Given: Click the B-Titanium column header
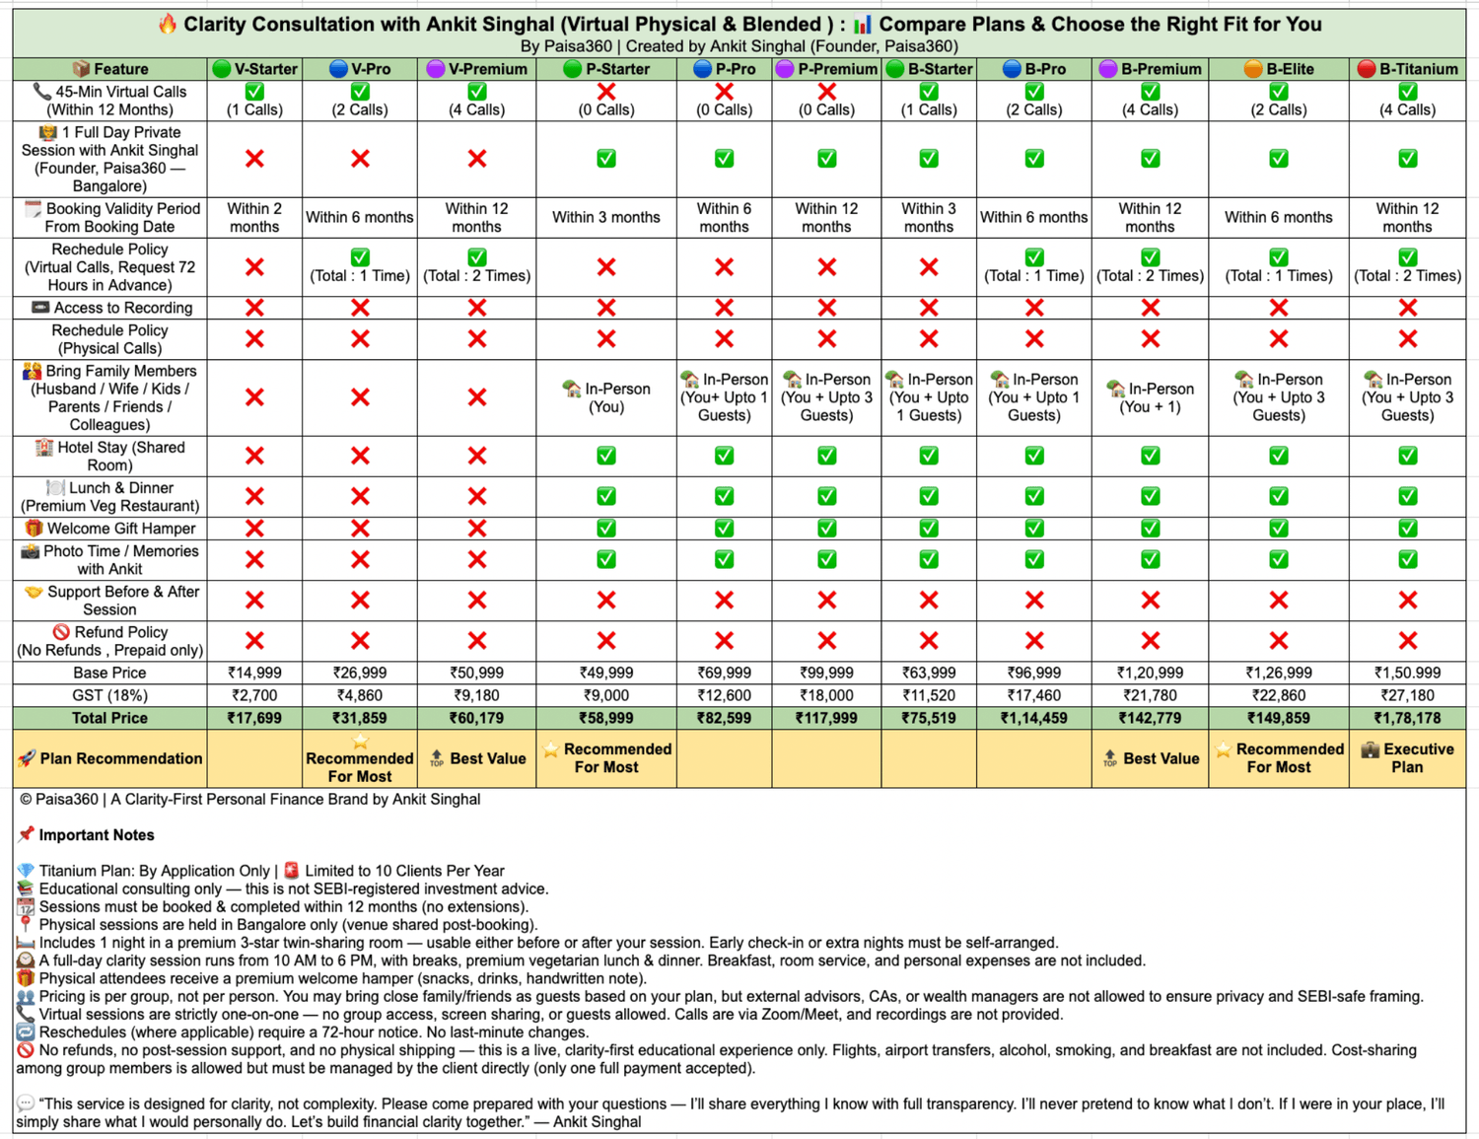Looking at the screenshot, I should (x=1407, y=69).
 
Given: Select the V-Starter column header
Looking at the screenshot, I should (x=254, y=69).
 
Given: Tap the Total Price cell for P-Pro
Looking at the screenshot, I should (x=724, y=718).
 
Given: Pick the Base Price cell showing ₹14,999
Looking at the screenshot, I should (x=254, y=673).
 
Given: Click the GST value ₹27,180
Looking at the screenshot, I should (x=1407, y=695).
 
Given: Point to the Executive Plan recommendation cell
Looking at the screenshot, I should (x=1407, y=758).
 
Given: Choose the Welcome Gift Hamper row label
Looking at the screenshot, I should (x=109, y=529).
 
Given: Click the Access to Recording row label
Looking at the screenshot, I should (x=111, y=308).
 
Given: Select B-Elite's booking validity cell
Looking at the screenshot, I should (x=1278, y=217).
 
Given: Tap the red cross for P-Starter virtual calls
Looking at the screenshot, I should (x=606, y=92).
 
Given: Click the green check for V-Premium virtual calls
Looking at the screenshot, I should (x=477, y=92).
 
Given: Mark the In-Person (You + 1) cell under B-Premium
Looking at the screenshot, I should (x=1150, y=397).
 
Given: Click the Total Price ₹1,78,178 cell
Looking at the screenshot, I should (x=1407, y=718).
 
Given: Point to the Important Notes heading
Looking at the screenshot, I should (x=96, y=835).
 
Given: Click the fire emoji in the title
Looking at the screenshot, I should (x=168, y=24).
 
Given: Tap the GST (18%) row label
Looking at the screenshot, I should (x=109, y=695).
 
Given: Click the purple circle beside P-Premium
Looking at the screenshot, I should (x=785, y=69).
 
